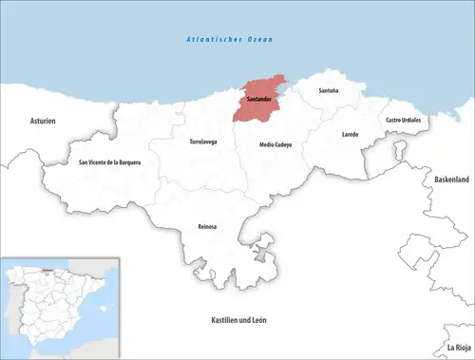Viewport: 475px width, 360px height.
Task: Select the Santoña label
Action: [x=328, y=91]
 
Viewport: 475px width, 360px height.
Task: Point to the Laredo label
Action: [x=350, y=135]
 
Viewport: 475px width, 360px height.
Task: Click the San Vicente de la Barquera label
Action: [x=109, y=162]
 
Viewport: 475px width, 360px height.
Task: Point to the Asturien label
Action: [x=44, y=121]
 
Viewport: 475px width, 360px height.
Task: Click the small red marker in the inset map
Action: [x=43, y=269]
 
